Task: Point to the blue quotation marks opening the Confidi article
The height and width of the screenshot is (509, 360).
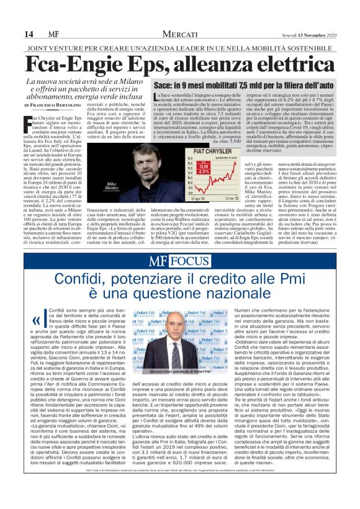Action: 37,321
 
